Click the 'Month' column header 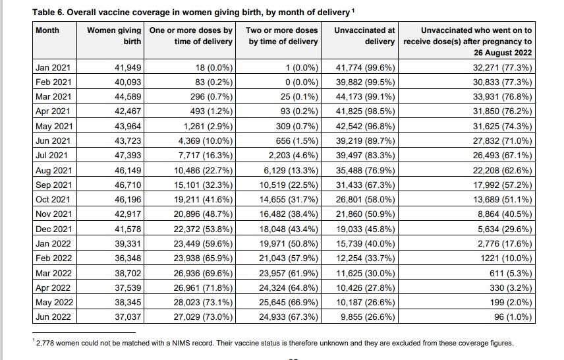47,30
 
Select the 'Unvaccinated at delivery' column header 364,36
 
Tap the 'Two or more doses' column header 281,36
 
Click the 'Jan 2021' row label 53,67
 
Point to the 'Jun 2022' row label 53,317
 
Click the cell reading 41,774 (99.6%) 366,67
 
